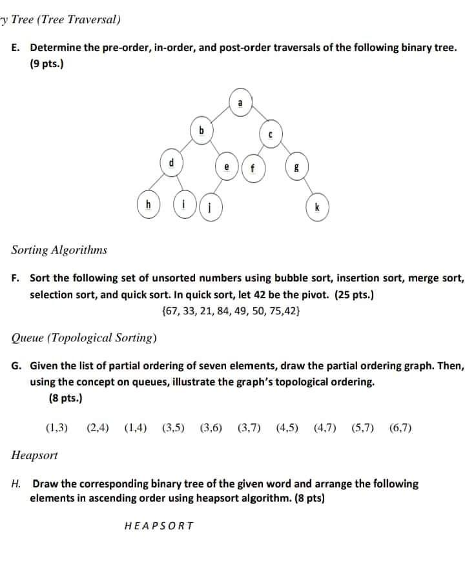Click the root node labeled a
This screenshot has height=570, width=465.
pyautogui.click(x=240, y=103)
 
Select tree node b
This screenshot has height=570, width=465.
pyautogui.click(x=201, y=131)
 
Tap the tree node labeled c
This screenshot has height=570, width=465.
pyautogui.click(x=271, y=136)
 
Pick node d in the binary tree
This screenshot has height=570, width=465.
pyautogui.click(x=171, y=163)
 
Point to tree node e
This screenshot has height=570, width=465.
pyautogui.click(x=227, y=167)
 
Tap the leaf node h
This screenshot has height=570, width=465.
pyautogui.click(x=149, y=205)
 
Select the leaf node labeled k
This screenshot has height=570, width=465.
pyautogui.click(x=317, y=208)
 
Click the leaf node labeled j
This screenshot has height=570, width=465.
pyautogui.click(x=211, y=209)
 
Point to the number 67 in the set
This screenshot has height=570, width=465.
pyautogui.click(x=174, y=310)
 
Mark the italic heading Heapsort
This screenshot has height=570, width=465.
pyautogui.click(x=35, y=455)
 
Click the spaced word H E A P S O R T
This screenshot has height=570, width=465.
pyautogui.click(x=158, y=525)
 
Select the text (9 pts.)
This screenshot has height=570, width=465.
pyautogui.click(x=46, y=65)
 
